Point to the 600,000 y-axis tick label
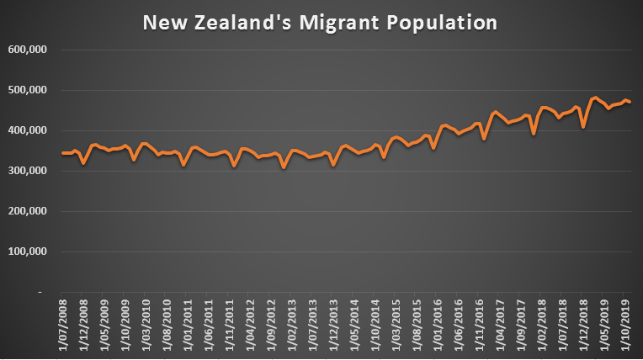[29, 50]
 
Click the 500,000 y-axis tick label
[29, 90]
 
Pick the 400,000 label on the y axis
[29, 130]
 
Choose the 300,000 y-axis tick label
[29, 171]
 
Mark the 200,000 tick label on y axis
[29, 211]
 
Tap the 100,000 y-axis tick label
[29, 251]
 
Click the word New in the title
[161, 22]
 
